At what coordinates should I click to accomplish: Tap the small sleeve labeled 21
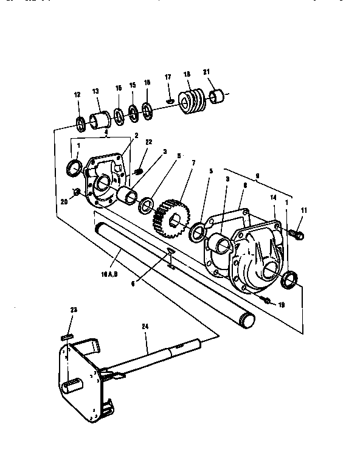218,96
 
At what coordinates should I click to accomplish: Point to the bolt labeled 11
297,232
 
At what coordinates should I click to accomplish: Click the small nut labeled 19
266,301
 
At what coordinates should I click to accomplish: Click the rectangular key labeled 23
67,336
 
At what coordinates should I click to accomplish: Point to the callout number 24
145,327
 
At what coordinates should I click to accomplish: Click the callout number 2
136,134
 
